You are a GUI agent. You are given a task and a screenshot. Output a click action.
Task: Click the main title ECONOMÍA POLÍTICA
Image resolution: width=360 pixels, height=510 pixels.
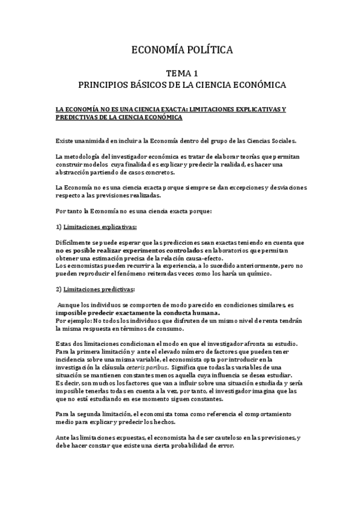coord(180,50)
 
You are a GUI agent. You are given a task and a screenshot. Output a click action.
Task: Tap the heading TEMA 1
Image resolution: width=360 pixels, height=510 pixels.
coord(180,72)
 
